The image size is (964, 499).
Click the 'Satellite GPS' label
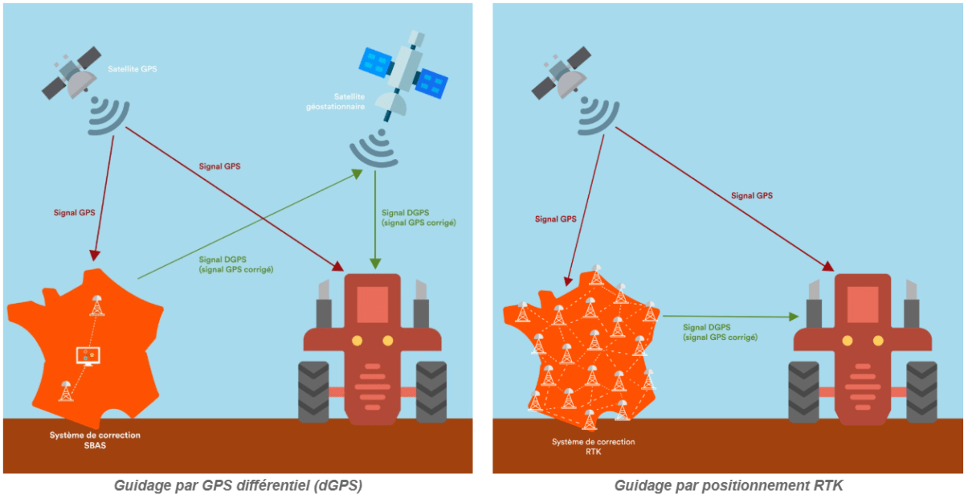click(x=133, y=69)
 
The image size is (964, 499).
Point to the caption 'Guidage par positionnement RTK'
click(x=729, y=485)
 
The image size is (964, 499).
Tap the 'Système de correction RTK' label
click(x=593, y=447)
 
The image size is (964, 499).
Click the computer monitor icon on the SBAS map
click(x=88, y=354)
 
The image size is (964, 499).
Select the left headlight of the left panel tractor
click(x=355, y=341)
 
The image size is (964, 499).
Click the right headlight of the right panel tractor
click(x=879, y=341)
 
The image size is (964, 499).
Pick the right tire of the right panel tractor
click(x=921, y=391)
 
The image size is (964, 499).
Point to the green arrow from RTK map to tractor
click(x=731, y=317)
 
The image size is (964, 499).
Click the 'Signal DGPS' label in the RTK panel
click(x=720, y=333)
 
